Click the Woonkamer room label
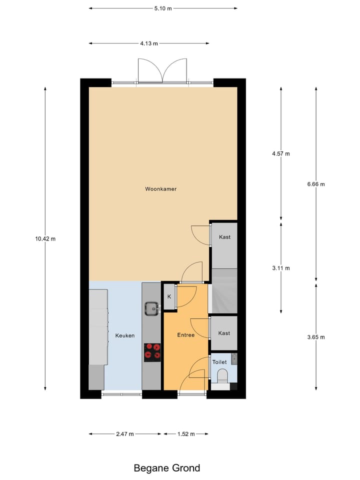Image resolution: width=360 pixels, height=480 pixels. pyautogui.click(x=160, y=189)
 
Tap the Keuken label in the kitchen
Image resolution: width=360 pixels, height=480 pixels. pyautogui.click(x=124, y=335)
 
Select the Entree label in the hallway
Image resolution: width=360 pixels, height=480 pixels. pyautogui.click(x=185, y=335)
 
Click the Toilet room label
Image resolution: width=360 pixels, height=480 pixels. pyautogui.click(x=219, y=362)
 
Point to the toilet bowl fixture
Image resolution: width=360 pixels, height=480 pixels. pyautogui.click(x=222, y=375)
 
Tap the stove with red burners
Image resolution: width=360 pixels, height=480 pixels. pyautogui.click(x=152, y=351)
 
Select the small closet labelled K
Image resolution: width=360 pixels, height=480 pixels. pyautogui.click(x=169, y=296)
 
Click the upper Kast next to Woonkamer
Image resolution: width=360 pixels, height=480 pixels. pyautogui.click(x=224, y=237)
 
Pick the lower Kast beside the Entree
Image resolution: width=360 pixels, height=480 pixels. pyautogui.click(x=224, y=333)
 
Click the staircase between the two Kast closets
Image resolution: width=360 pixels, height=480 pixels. pyautogui.click(x=223, y=291)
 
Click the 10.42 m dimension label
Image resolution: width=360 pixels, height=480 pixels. pyautogui.click(x=45, y=238)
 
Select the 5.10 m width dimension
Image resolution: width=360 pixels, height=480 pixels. pyautogui.click(x=162, y=8)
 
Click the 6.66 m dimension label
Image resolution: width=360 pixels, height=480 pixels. pyautogui.click(x=316, y=184)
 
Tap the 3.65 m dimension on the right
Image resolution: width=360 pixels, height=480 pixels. pyautogui.click(x=316, y=337)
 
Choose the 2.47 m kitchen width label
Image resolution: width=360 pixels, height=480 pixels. pyautogui.click(x=124, y=434)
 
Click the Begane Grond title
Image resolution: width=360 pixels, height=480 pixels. pyautogui.click(x=166, y=468)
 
